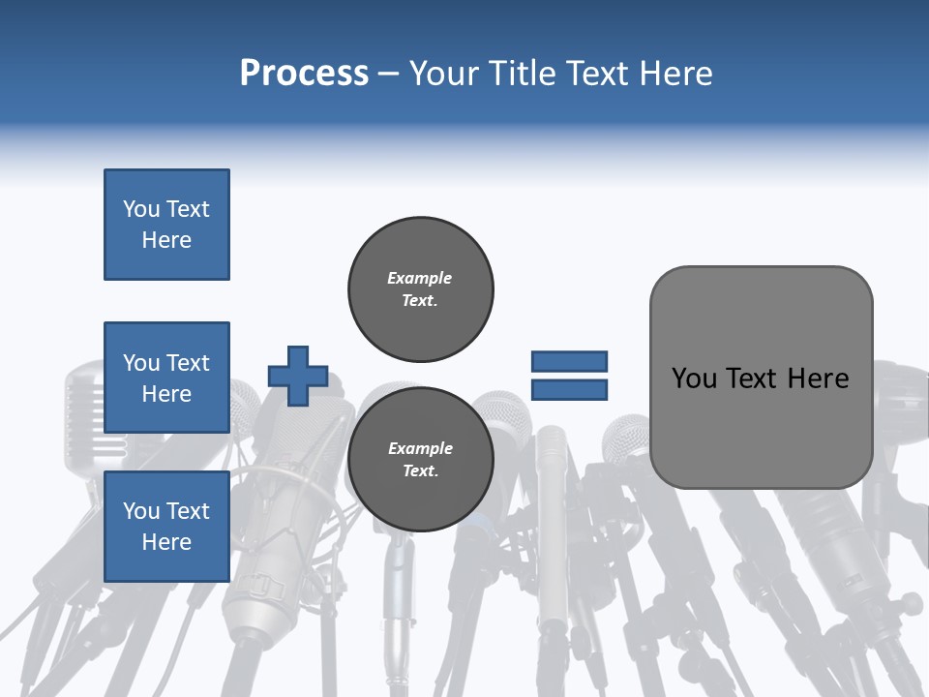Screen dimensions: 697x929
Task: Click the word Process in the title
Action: point(304,74)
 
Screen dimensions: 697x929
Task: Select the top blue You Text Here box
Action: point(166,225)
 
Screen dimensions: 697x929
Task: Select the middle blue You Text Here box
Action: point(166,378)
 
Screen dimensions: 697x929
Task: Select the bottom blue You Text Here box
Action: point(166,527)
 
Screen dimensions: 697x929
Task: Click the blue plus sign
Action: point(298,376)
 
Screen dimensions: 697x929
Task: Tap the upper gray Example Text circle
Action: point(420,288)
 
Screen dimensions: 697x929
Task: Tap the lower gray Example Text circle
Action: point(420,459)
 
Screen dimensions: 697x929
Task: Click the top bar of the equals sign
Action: point(569,362)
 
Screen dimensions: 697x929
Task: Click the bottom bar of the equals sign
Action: point(569,389)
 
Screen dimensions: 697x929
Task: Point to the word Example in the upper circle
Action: point(419,278)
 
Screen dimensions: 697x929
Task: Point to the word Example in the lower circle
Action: point(420,448)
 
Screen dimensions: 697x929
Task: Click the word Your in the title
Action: point(444,74)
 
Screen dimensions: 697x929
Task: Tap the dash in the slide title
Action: point(388,74)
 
